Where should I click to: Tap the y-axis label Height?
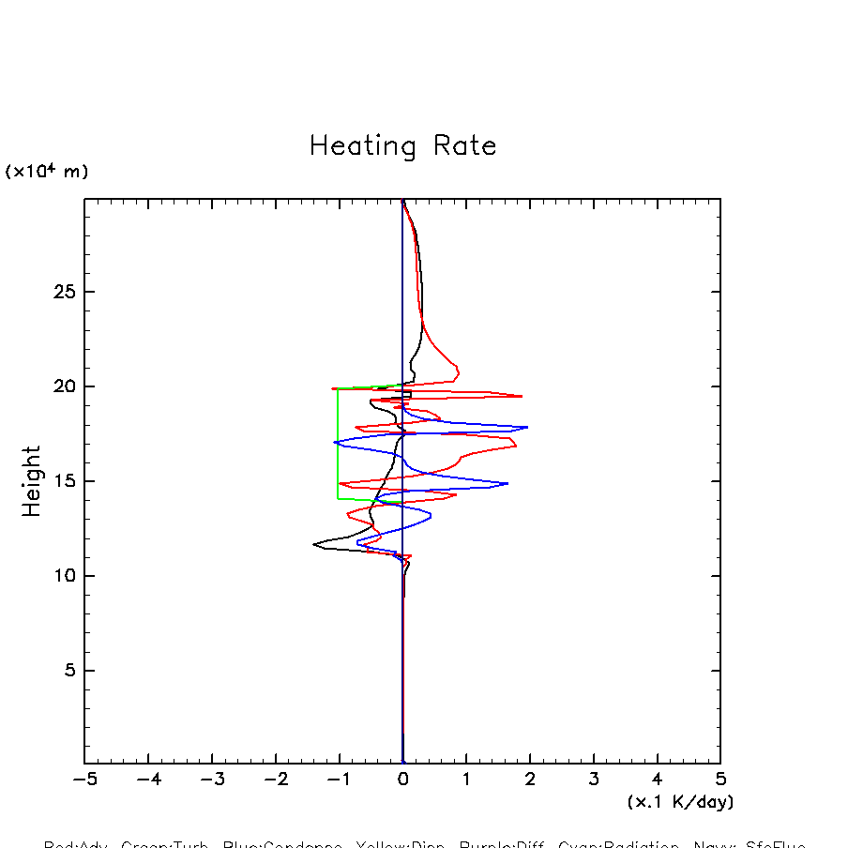click(x=33, y=481)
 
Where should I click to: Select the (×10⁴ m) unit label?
click(x=47, y=172)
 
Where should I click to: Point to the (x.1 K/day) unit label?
click(x=680, y=802)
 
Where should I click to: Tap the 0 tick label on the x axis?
click(x=402, y=780)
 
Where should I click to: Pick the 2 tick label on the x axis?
click(x=530, y=780)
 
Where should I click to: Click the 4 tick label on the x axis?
click(x=657, y=780)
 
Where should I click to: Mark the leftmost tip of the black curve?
click(x=314, y=543)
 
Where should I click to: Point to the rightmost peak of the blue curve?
click(x=527, y=427)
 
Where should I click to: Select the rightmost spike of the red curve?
click(x=522, y=396)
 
